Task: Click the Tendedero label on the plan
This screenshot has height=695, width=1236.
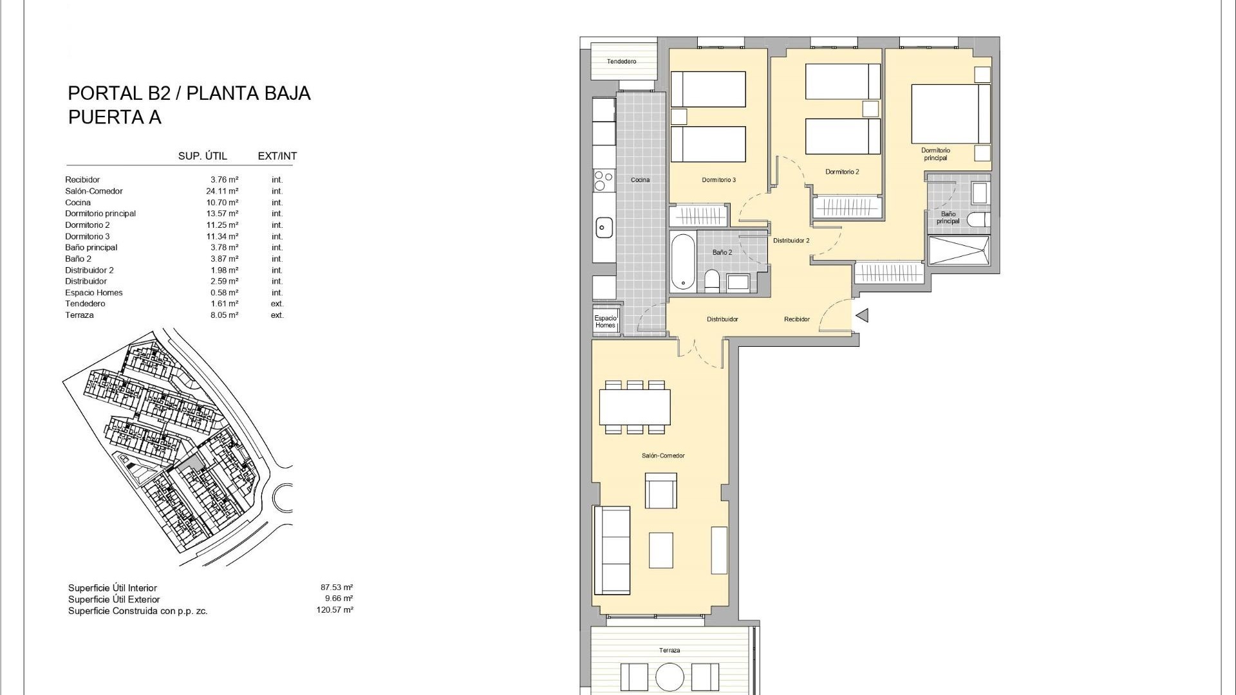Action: [x=621, y=62]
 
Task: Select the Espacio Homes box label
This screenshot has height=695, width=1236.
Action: [x=605, y=322]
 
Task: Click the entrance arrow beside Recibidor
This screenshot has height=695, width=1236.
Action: [x=862, y=315]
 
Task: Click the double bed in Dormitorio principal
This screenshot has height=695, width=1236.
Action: [x=950, y=114]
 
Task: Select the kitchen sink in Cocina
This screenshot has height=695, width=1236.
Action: [x=604, y=227]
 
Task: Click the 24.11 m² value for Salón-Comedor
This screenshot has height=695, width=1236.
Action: [x=224, y=191]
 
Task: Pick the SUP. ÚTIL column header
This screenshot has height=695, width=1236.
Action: [x=202, y=156]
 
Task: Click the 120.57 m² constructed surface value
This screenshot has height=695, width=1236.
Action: [x=334, y=610]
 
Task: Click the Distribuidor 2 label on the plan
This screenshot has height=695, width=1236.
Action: [x=791, y=241]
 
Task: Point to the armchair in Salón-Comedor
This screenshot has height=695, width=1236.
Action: [x=660, y=492]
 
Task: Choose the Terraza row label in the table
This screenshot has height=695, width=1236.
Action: [x=79, y=315]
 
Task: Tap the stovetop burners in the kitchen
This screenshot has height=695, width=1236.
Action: [x=603, y=180]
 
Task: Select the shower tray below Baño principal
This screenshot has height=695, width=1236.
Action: [x=958, y=250]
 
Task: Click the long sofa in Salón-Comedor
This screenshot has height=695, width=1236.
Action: [x=612, y=550]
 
